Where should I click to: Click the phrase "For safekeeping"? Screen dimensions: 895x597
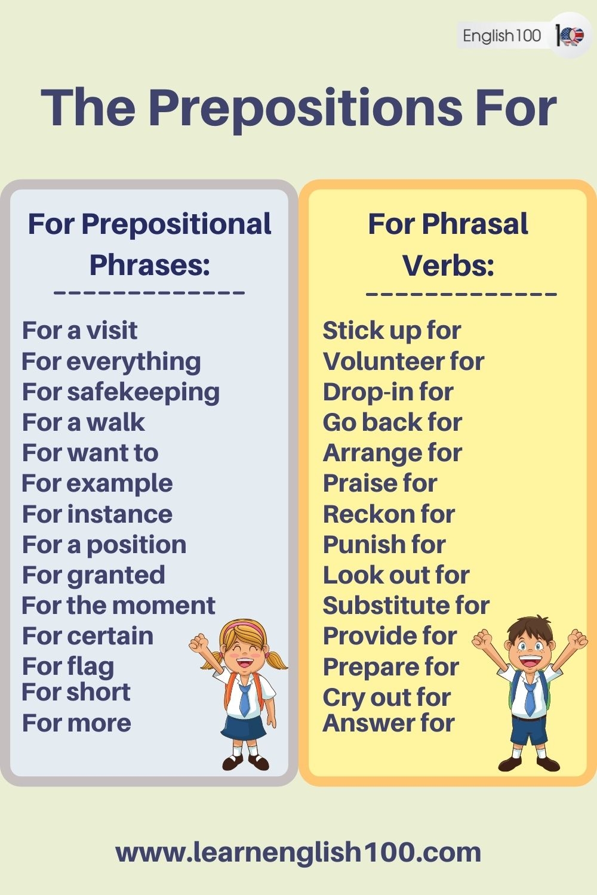pos(121,393)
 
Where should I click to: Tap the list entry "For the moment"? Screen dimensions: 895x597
pos(118,606)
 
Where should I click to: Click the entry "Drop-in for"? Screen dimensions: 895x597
pos(388,393)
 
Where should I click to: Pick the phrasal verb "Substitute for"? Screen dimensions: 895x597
pos(406,606)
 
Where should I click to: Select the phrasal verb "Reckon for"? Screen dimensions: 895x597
pos(389,514)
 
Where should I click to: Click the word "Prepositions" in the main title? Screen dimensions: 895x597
pos(304,107)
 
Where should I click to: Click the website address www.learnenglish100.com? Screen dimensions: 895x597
pos(298,852)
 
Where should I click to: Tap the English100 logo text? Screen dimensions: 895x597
pos(501,36)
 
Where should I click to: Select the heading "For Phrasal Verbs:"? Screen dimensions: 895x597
pos(448,245)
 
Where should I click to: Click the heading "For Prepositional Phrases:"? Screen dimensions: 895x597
pos(149,245)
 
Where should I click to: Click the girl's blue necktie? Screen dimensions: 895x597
pos(245,698)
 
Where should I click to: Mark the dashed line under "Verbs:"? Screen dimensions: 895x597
pos(461,294)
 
